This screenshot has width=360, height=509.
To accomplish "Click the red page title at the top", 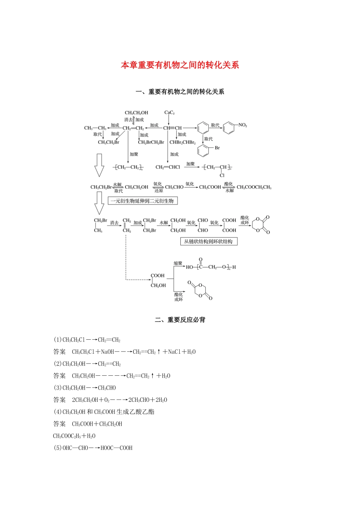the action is (180, 65).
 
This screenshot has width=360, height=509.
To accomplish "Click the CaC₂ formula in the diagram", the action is (169, 113).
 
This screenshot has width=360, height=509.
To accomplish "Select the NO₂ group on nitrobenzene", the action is (243, 125).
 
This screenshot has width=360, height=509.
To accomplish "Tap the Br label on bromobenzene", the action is (217, 148).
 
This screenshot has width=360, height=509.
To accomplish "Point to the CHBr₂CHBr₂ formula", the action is (182, 142).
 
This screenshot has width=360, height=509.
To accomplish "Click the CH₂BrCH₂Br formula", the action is (151, 142).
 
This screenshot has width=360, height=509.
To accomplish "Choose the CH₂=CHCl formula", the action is (167, 167).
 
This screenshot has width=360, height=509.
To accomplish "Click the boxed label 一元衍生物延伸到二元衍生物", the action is (142, 201).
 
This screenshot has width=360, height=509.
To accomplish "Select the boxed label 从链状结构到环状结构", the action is (209, 241).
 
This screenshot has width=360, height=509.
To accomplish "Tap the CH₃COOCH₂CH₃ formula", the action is (254, 187).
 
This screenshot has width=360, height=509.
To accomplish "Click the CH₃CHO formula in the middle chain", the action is (174, 187).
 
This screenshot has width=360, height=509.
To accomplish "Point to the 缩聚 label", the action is (178, 263).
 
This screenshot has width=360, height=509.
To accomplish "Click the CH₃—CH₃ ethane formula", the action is (95, 128).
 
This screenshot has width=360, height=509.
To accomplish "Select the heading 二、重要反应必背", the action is (180, 320).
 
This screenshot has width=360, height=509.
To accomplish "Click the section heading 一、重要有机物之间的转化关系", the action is (180, 92).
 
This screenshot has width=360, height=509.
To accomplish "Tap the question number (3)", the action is (58, 388).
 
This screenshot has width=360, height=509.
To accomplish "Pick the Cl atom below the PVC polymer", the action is (222, 175).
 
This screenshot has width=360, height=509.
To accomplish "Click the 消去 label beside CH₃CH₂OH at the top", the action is (128, 120).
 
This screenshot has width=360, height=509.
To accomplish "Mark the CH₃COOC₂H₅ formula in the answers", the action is (74, 436).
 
